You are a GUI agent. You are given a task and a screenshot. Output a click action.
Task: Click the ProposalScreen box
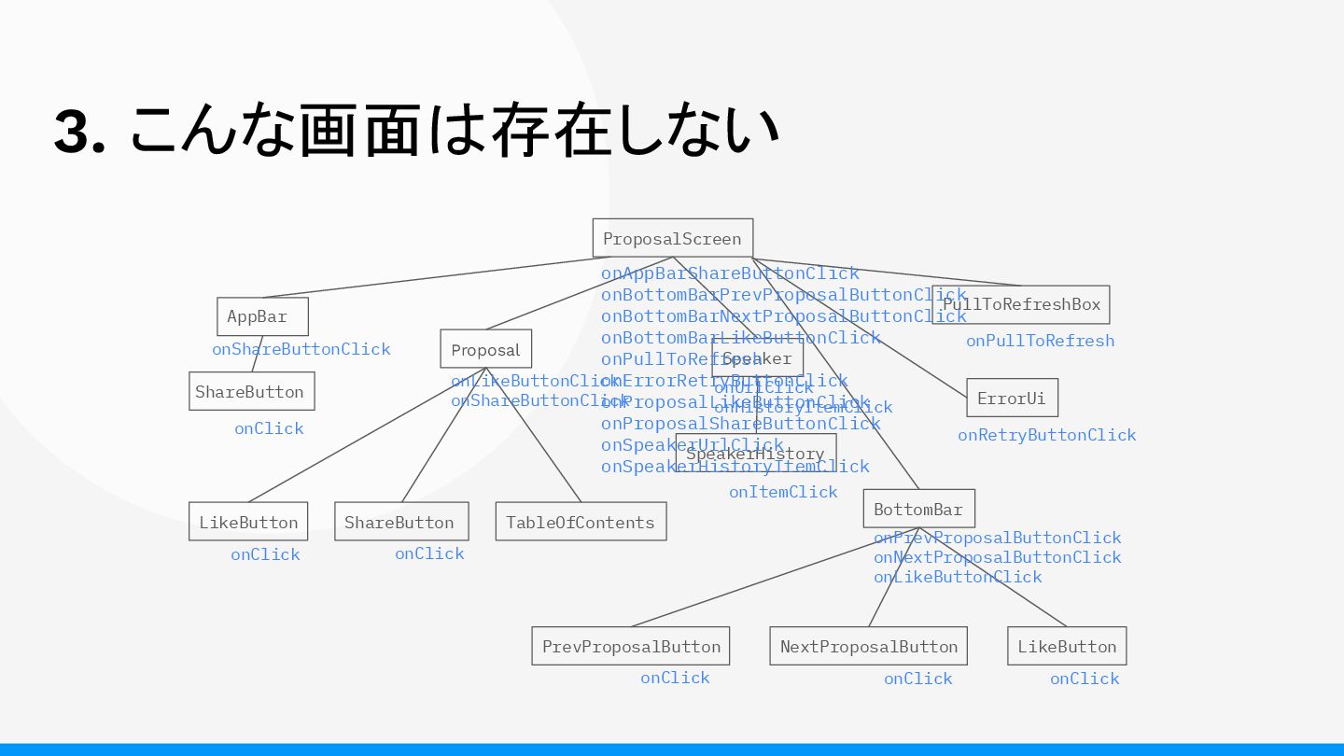(x=672, y=238)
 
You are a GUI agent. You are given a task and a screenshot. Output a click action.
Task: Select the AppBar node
(x=262, y=316)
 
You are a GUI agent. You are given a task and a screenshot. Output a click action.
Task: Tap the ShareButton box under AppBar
(x=251, y=391)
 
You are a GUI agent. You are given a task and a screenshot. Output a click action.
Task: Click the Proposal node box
(x=485, y=349)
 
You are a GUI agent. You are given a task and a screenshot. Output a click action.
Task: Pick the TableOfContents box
(x=581, y=522)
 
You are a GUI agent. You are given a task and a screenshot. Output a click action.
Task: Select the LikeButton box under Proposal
(x=247, y=522)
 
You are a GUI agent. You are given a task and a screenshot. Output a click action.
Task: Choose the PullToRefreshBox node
(x=1021, y=304)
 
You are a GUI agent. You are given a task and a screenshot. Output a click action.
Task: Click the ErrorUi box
(x=1012, y=398)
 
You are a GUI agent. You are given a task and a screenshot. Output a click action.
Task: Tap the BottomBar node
(x=918, y=509)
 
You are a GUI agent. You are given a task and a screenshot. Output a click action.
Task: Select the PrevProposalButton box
(x=631, y=646)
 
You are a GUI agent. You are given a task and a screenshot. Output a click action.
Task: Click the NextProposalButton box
(x=868, y=646)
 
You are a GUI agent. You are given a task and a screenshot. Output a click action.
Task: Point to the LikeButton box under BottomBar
(x=1067, y=646)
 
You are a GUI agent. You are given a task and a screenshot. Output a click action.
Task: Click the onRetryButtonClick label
(x=1047, y=435)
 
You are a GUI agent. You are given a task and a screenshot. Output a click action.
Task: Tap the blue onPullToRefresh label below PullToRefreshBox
(x=1040, y=341)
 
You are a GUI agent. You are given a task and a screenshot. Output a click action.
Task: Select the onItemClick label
(x=783, y=492)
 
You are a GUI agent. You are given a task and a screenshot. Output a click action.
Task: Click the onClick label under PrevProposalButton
(x=675, y=678)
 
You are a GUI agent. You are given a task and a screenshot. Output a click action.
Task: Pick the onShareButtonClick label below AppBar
(x=301, y=349)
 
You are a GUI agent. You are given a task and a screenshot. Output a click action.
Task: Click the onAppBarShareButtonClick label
(x=729, y=273)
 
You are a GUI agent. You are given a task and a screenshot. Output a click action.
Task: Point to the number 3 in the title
(x=73, y=132)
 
